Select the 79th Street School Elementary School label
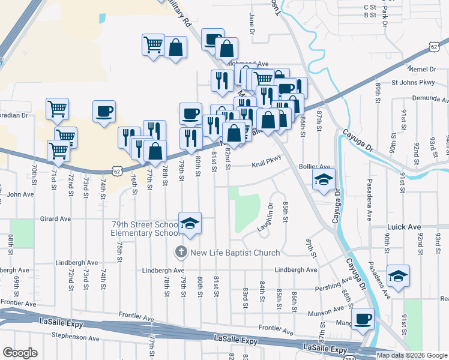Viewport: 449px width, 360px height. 145,229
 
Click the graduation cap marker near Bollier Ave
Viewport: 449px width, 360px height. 324,179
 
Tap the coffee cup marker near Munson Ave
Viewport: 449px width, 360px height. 362,320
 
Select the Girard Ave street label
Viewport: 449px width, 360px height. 55,219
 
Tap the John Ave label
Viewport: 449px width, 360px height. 20,194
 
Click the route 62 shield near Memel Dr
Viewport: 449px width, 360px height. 433,46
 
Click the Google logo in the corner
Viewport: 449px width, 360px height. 20,353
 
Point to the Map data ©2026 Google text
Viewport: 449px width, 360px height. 412,355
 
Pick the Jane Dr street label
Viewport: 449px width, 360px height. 252,24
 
